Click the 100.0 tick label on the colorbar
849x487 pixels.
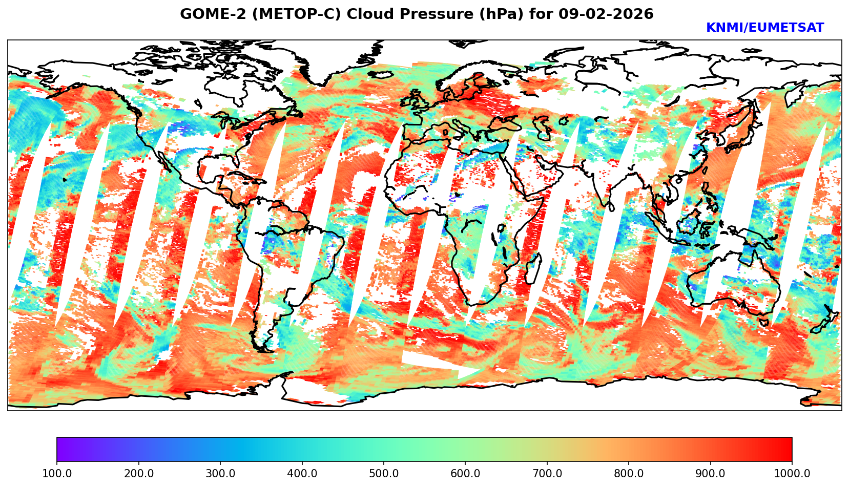point(57,473)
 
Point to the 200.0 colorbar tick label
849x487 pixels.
point(138,473)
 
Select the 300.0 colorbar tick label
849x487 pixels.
point(220,473)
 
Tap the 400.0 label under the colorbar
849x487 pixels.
point(302,473)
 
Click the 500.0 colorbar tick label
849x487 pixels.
point(384,473)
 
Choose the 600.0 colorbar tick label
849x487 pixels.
point(465,473)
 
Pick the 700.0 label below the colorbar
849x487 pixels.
point(547,473)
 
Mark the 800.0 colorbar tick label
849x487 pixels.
point(629,473)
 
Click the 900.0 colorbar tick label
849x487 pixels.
point(711,473)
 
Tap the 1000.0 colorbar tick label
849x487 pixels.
point(792,473)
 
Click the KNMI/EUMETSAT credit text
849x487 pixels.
point(764,28)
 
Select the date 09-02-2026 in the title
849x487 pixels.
point(606,14)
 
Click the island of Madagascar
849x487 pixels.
point(533,268)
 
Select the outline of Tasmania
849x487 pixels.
point(763,322)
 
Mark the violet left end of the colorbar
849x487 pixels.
point(60,450)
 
